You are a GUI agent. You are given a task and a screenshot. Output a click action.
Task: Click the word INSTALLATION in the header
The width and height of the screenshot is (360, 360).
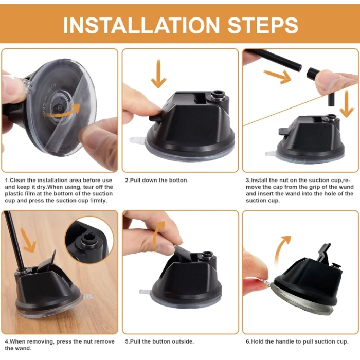coord(141,25)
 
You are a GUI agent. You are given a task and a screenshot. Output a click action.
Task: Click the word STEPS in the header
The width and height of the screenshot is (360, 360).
coord(263,25)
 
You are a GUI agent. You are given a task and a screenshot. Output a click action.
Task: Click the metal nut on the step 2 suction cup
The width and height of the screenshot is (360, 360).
coord(217,95)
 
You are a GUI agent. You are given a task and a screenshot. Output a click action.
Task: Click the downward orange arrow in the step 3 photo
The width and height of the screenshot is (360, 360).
coord(347,104)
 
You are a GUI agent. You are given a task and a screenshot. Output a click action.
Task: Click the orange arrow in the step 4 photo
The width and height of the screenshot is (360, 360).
coord(28,240)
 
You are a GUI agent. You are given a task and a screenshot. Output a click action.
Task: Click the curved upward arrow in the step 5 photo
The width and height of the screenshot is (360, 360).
coord(158,233)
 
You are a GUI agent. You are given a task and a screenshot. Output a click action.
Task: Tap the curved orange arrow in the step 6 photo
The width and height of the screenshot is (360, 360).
coord(281,250)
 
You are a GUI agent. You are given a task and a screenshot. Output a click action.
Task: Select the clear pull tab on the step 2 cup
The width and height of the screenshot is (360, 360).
coord(137,139)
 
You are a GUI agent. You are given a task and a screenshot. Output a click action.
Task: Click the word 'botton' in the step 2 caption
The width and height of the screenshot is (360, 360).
coord(178,181)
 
